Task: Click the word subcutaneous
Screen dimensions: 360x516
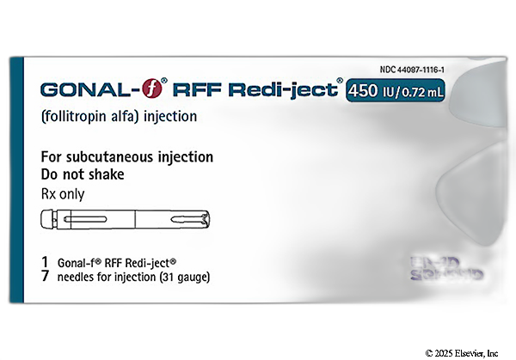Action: (x=120, y=157)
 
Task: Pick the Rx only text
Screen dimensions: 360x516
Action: (x=64, y=193)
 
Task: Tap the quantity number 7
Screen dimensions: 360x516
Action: (x=44, y=277)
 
